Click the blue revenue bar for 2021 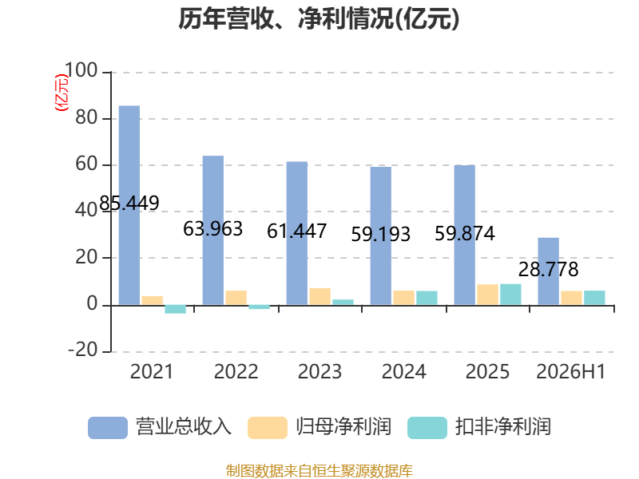coord(129,205)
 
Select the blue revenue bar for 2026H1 coord(549,271)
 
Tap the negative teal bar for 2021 coord(175,309)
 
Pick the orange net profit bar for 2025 coord(488,295)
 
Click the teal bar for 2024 coord(427,298)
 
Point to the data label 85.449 coord(129,203)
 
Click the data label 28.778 coord(549,269)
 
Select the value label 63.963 coord(213,228)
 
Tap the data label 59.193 coord(381,234)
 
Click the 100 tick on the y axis coord(81,70)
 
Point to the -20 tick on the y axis coord(83,350)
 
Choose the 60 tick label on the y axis coord(86,164)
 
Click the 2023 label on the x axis coord(320,371)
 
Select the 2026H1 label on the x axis coord(571,371)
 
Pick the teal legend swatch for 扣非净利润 coord(427,428)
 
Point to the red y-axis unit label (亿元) coord(62,93)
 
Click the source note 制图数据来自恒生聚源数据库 coord(319,471)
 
